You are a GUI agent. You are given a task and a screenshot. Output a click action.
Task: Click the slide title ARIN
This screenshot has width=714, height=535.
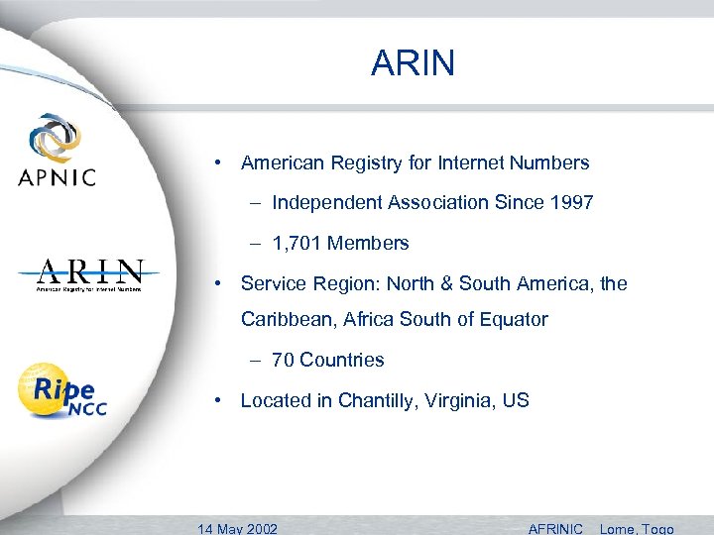(x=414, y=63)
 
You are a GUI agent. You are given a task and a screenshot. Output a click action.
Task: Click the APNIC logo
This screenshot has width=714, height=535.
(x=56, y=151)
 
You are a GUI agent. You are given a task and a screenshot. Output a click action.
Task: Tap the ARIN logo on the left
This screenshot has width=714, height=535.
(x=89, y=274)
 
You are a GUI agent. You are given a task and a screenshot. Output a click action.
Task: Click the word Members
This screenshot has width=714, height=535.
(x=368, y=244)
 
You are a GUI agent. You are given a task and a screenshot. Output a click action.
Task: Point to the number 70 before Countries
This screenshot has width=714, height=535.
(x=283, y=361)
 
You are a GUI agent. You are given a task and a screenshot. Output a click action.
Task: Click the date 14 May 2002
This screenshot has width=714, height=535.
(x=238, y=527)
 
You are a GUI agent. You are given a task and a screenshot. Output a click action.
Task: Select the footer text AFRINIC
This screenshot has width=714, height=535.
(x=555, y=527)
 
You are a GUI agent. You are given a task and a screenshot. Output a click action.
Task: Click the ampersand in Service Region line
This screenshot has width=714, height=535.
(x=466, y=284)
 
